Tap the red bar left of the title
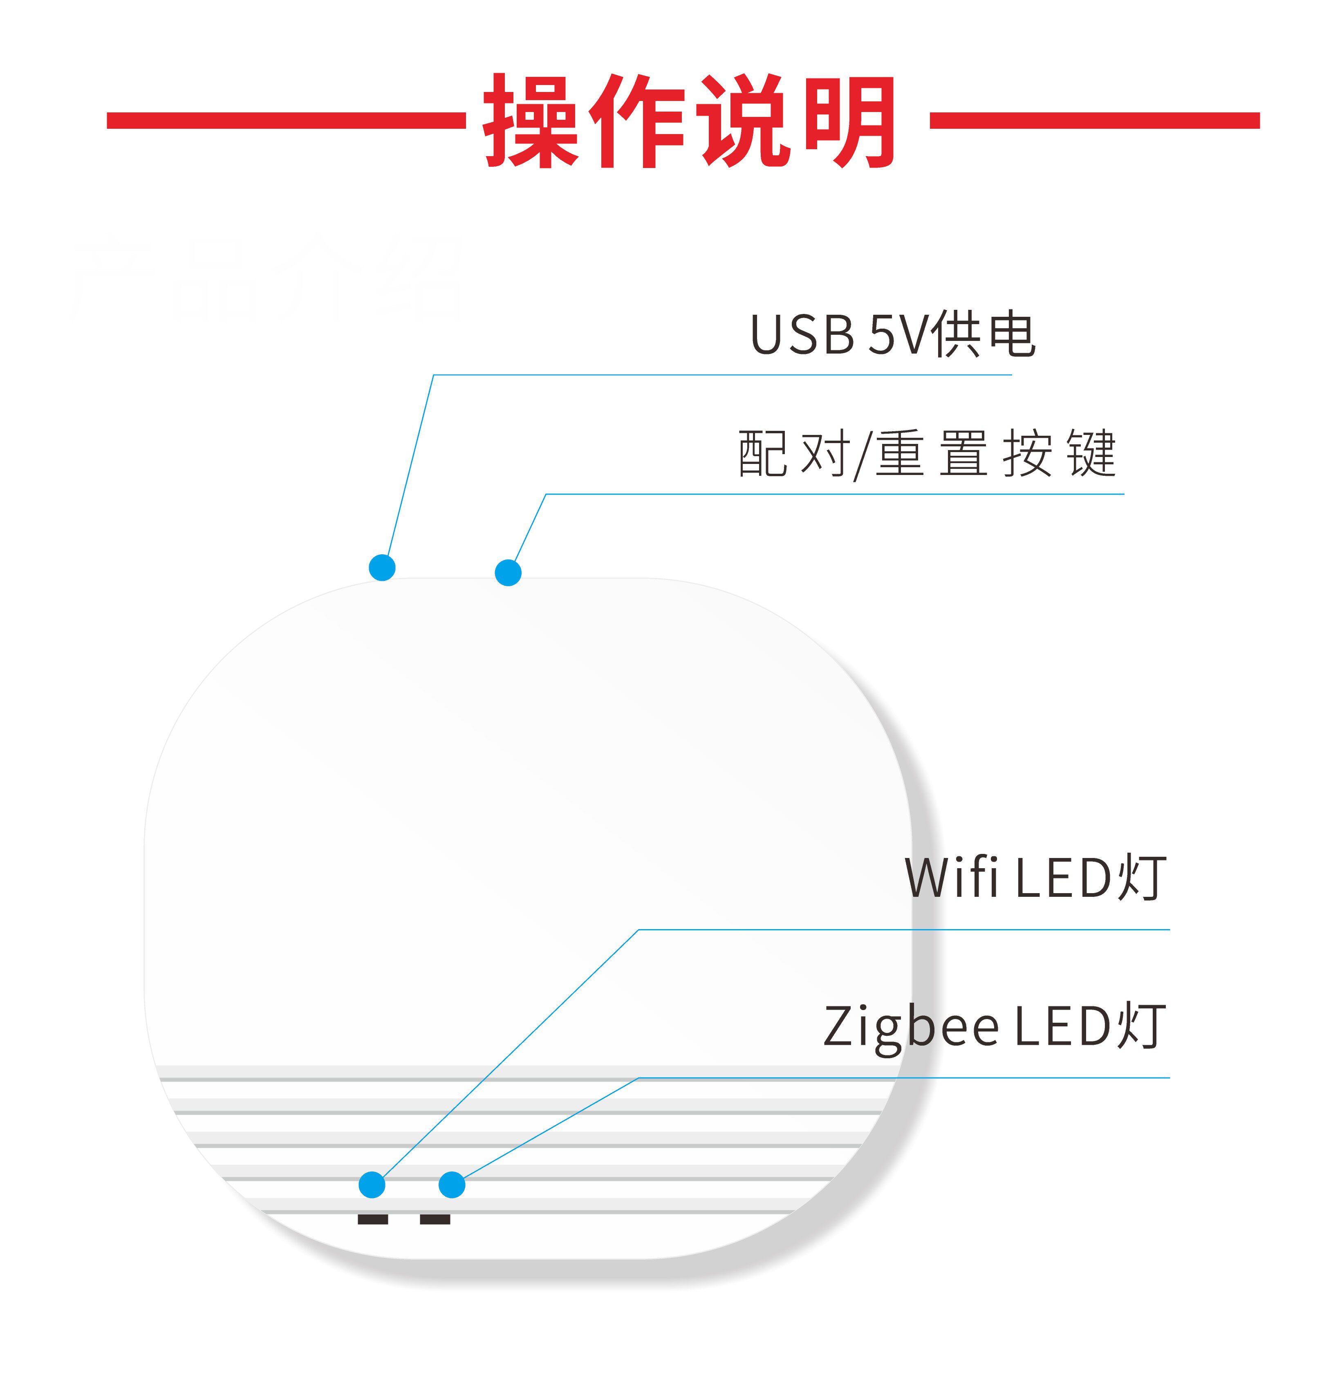[x=286, y=120]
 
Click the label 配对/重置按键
[x=926, y=454]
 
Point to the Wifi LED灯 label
[x=1035, y=877]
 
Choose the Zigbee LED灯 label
[x=994, y=1026]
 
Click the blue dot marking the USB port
[x=382, y=568]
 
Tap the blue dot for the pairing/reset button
[x=508, y=572]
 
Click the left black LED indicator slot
[x=373, y=1219]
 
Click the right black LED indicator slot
[x=435, y=1219]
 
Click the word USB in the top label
[x=801, y=334]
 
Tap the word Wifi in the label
[x=951, y=877]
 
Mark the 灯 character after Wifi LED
[x=1141, y=877]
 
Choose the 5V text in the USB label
[x=897, y=334]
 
